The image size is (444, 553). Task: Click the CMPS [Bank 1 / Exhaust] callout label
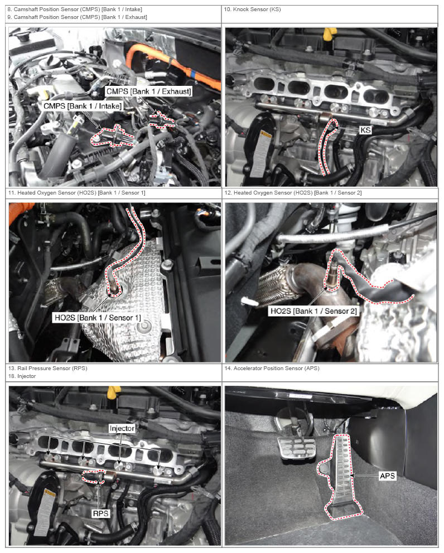click(148, 91)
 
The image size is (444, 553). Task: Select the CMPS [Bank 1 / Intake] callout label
click(83, 106)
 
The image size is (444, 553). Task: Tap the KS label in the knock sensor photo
click(365, 130)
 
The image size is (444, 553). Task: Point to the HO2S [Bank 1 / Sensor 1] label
click(98, 318)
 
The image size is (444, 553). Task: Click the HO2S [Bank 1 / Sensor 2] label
click(313, 311)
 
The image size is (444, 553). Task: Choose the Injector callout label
click(122, 429)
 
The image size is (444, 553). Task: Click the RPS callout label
click(100, 513)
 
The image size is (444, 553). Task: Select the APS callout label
click(387, 476)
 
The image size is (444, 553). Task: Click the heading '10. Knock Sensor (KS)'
click(252, 9)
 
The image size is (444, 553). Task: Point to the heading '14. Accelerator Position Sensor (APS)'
click(272, 368)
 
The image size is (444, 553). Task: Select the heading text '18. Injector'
click(22, 376)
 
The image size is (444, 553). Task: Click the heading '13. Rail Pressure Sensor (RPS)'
click(47, 368)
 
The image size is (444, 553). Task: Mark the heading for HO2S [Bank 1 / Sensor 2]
click(293, 193)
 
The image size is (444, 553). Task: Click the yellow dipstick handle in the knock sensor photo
click(329, 34)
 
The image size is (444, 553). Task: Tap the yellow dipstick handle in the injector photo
click(113, 392)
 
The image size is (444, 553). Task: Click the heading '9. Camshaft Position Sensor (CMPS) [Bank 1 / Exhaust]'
click(77, 17)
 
